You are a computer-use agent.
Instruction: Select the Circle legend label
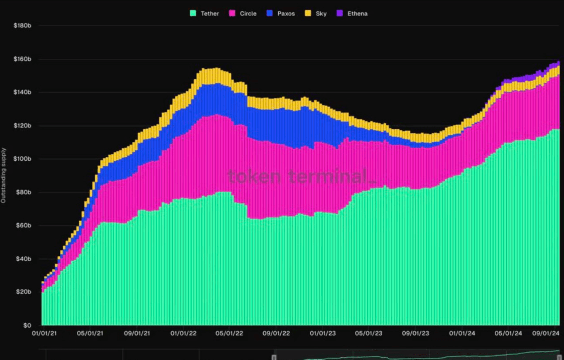click(x=248, y=14)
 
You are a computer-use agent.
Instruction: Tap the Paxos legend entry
click(x=286, y=14)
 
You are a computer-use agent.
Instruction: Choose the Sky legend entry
click(x=321, y=14)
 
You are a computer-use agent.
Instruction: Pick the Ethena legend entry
click(x=357, y=14)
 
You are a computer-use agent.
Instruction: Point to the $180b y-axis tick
click(x=22, y=26)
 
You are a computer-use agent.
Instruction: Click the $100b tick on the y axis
click(x=22, y=159)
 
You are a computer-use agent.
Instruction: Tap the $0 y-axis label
click(x=27, y=325)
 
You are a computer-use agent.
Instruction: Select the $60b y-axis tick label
click(x=23, y=226)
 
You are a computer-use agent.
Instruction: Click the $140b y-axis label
click(x=22, y=92)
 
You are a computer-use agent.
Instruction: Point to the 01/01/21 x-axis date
click(x=44, y=334)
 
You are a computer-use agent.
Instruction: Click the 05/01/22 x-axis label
click(x=229, y=334)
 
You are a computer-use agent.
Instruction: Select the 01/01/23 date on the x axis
click(x=323, y=334)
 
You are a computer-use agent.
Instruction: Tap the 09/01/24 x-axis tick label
click(x=546, y=334)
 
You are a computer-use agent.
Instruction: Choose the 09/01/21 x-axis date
click(x=137, y=334)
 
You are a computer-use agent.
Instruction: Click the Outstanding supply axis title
click(x=4, y=175)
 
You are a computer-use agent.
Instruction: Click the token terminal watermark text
click(x=301, y=177)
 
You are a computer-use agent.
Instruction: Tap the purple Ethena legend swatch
click(x=340, y=13)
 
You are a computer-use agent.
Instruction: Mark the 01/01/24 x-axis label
click(x=462, y=334)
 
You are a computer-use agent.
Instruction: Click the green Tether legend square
click(x=193, y=13)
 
